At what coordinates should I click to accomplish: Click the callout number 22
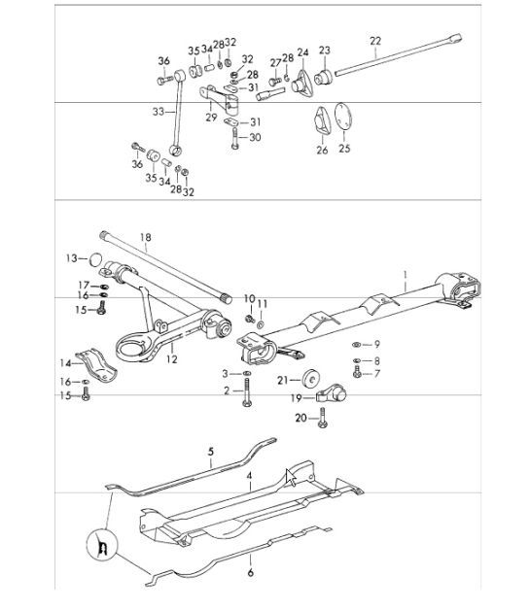[376, 40]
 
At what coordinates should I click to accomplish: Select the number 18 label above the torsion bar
[146, 236]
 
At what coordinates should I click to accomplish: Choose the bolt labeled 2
[249, 393]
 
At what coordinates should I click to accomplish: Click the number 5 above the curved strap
[209, 452]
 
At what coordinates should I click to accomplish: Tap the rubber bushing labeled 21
[312, 377]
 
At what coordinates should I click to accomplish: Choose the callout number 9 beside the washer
[377, 344]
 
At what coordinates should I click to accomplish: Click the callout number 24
[302, 51]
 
